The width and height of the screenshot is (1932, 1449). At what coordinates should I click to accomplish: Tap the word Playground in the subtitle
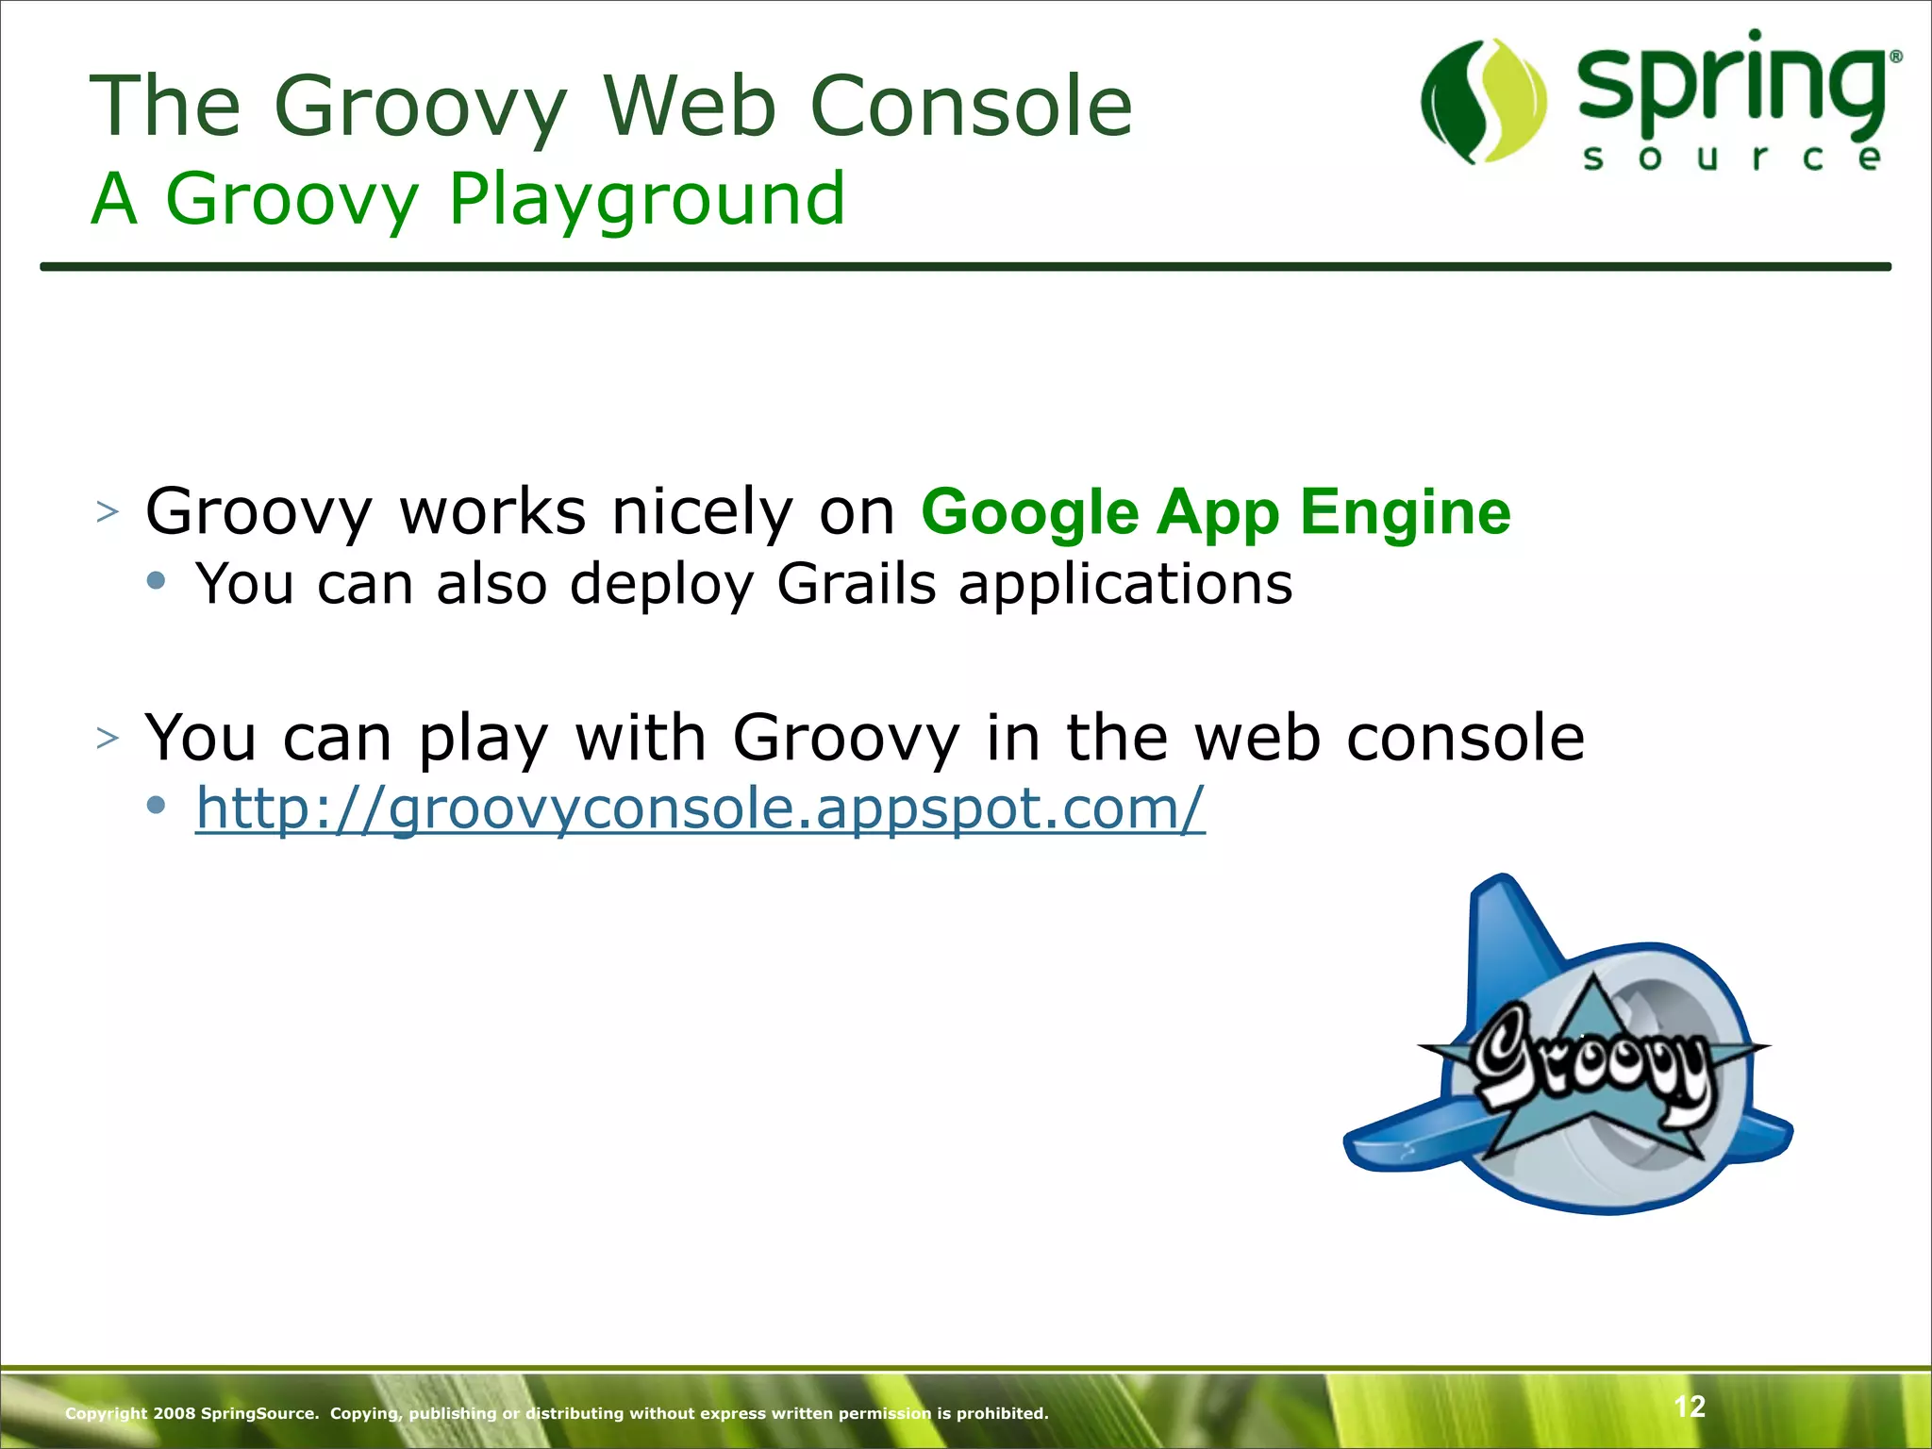(646, 200)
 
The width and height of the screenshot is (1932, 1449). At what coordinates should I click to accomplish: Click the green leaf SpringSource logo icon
(1483, 101)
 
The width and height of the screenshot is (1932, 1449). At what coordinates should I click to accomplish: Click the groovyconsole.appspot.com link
(700, 808)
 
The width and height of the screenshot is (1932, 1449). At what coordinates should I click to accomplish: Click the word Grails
(856, 584)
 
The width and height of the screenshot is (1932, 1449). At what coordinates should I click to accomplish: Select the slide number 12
(1689, 1407)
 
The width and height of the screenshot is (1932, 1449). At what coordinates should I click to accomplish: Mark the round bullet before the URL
(157, 805)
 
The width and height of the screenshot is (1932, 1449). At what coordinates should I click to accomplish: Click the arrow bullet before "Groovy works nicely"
(108, 512)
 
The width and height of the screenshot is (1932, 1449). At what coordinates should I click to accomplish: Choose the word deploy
(661, 584)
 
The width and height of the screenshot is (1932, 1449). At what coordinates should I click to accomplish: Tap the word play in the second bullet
(482, 739)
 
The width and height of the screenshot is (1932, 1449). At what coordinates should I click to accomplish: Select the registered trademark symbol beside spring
(1895, 58)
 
